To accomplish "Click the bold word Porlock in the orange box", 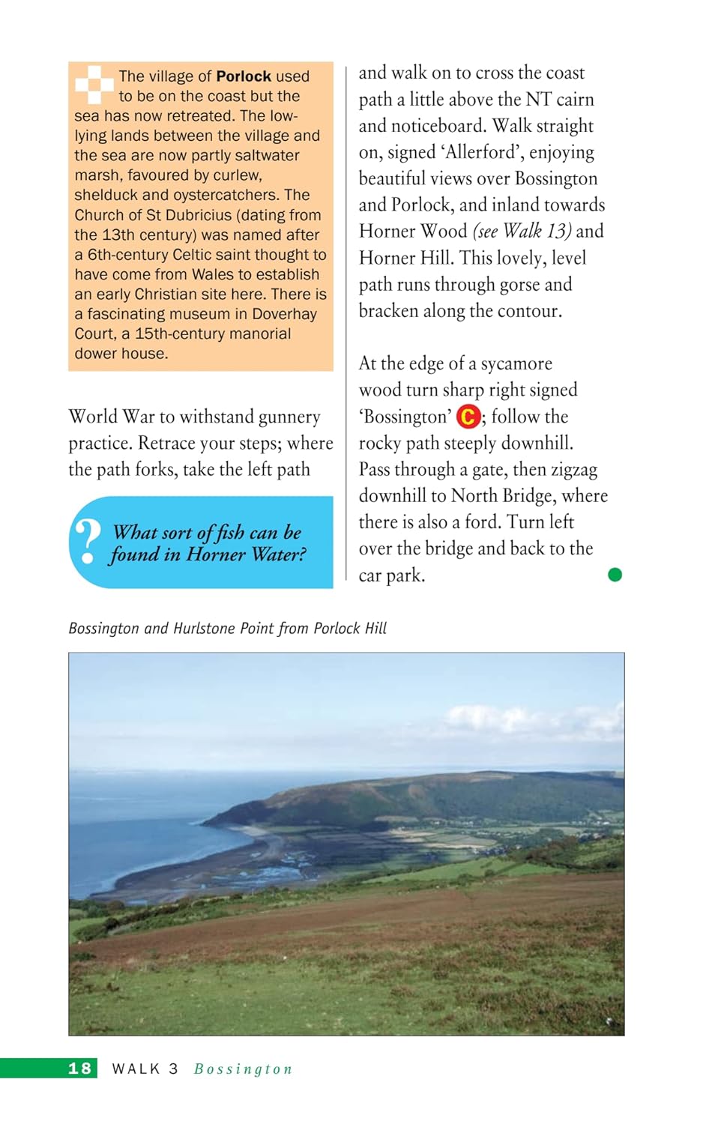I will click(244, 76).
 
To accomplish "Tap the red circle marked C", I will click(468, 417).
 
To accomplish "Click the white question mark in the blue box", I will click(88, 541).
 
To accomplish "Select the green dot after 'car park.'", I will click(615, 575).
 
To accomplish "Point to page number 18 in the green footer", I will click(80, 1069).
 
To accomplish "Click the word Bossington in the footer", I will click(243, 1069).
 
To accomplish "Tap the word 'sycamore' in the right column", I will click(516, 363).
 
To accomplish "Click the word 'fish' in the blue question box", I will click(230, 532).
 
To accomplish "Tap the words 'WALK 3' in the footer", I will click(145, 1069).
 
